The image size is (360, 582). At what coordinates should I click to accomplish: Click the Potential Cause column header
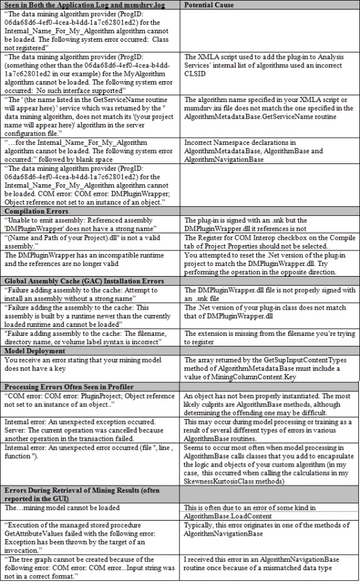click(x=209, y=5)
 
